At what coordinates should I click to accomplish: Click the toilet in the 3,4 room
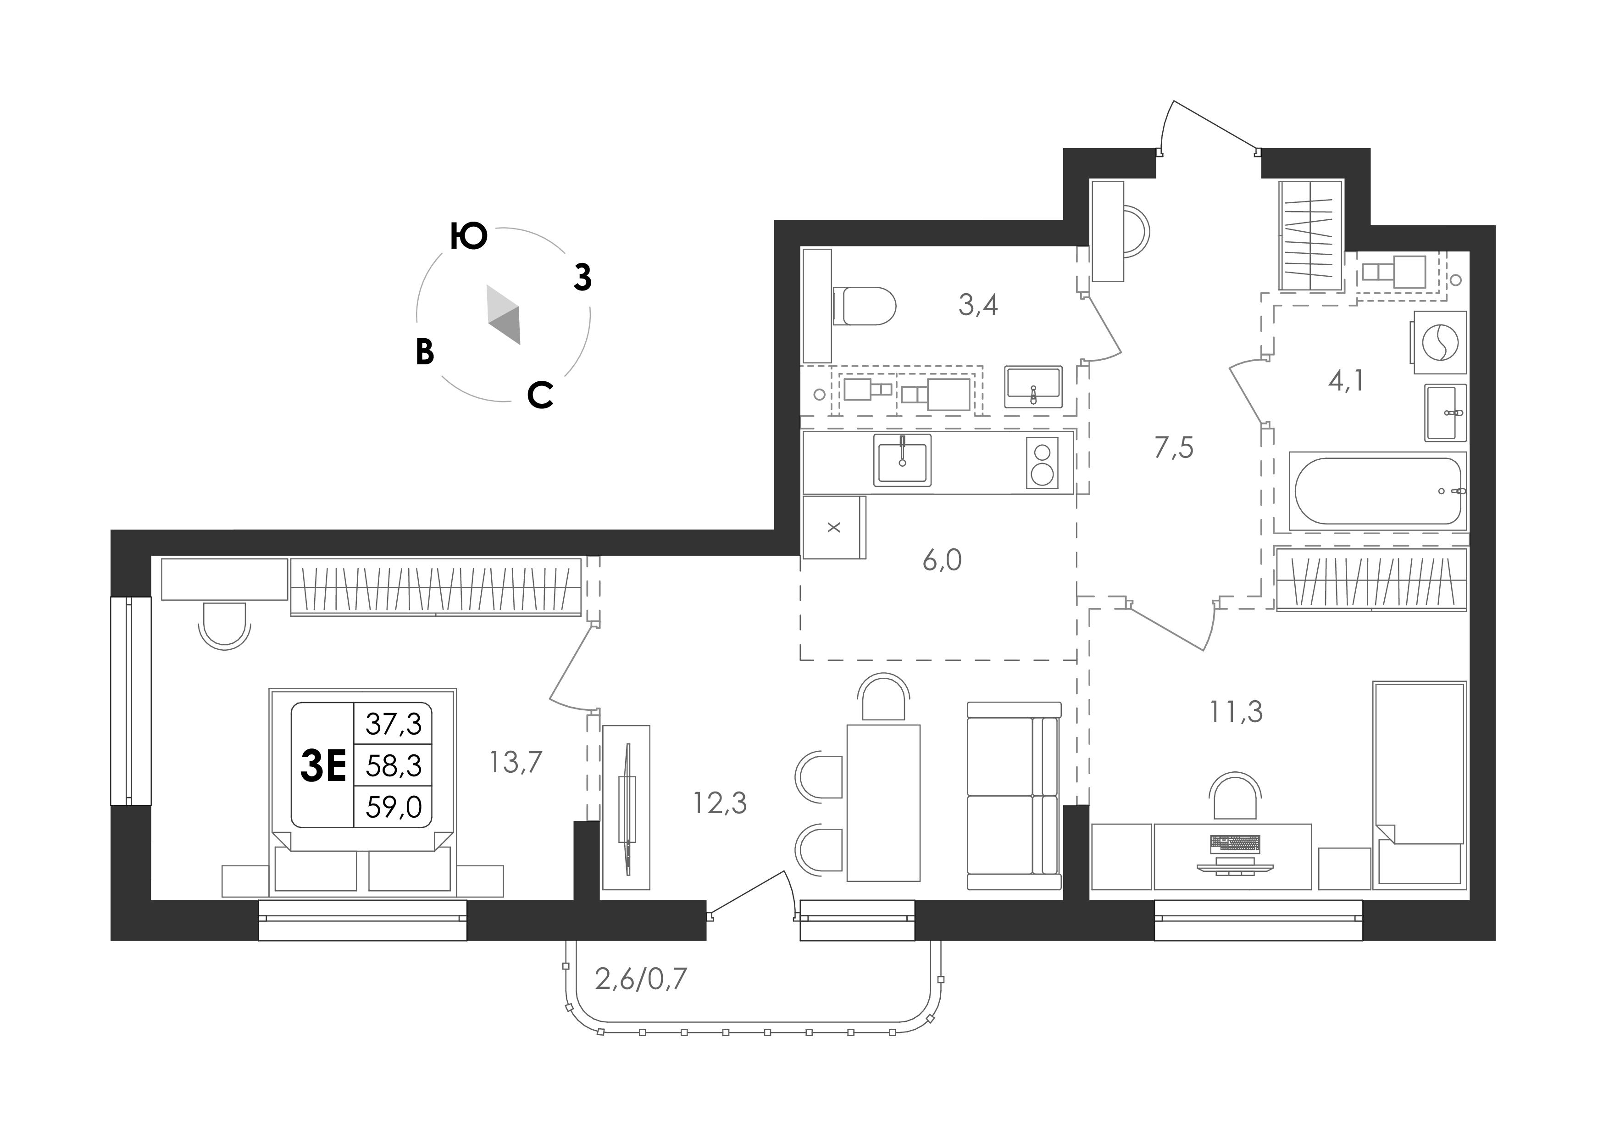pyautogui.click(x=865, y=307)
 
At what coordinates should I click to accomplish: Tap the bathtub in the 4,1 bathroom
pyautogui.click(x=1378, y=491)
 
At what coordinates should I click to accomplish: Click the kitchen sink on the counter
pyautogui.click(x=902, y=460)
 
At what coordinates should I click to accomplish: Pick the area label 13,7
pyautogui.click(x=516, y=761)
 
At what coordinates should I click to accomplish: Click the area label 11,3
pyautogui.click(x=1236, y=712)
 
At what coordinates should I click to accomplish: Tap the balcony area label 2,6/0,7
pyautogui.click(x=640, y=978)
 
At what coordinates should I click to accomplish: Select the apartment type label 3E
pyautogui.click(x=323, y=766)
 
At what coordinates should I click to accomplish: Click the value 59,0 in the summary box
pyautogui.click(x=394, y=807)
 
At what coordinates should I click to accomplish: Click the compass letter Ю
pyautogui.click(x=469, y=236)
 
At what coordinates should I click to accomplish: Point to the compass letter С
pyautogui.click(x=540, y=396)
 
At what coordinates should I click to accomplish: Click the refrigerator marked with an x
pyautogui.click(x=834, y=527)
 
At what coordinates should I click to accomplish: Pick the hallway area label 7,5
pyautogui.click(x=1174, y=448)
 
